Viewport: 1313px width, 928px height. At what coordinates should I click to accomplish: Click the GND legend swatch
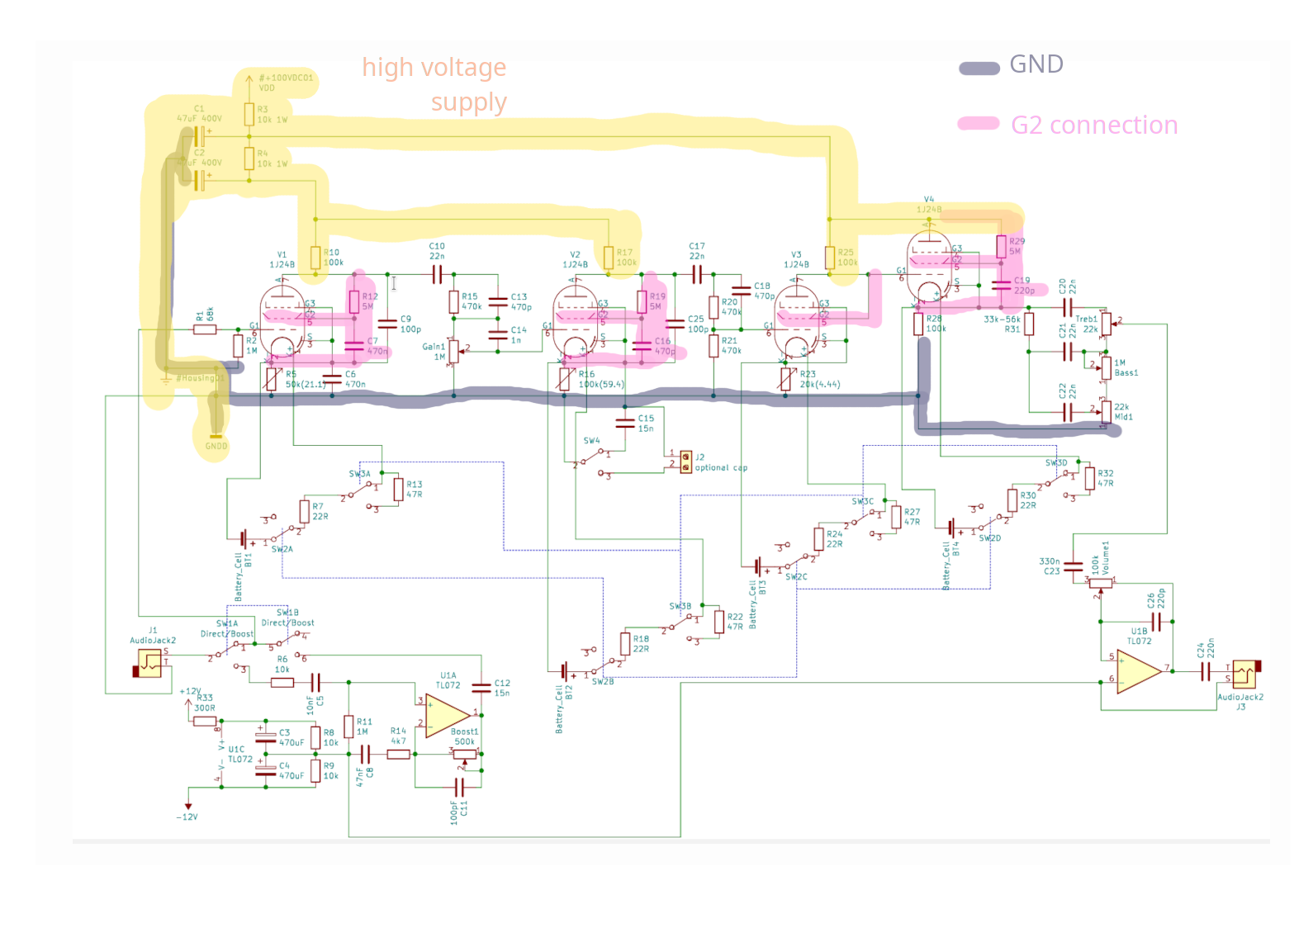(979, 69)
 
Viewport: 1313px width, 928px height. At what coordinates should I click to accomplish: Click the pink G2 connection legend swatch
(979, 124)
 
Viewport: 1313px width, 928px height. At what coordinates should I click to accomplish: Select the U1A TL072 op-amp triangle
(447, 715)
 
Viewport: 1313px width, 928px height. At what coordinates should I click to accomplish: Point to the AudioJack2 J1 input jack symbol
(149, 662)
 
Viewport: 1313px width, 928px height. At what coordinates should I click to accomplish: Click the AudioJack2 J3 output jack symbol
(1244, 675)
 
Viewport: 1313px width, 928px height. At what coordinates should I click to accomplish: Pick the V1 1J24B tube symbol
(282, 323)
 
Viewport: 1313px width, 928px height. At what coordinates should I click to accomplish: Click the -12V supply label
(187, 817)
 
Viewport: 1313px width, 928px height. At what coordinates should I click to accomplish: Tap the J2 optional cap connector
(685, 461)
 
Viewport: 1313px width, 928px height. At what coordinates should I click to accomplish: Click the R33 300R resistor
(205, 721)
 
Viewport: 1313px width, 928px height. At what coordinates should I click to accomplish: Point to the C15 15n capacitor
(626, 423)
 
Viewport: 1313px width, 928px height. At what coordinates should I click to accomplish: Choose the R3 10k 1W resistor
(249, 114)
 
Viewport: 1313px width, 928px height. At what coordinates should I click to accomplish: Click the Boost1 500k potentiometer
(465, 753)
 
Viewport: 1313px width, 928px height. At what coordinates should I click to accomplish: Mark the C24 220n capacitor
(1206, 672)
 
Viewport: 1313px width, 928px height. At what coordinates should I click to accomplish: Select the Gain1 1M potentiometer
(453, 351)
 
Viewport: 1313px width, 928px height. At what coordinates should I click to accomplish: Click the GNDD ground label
(216, 446)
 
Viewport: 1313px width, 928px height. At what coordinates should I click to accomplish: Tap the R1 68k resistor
(205, 329)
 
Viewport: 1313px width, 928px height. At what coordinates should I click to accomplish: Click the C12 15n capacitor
(481, 687)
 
